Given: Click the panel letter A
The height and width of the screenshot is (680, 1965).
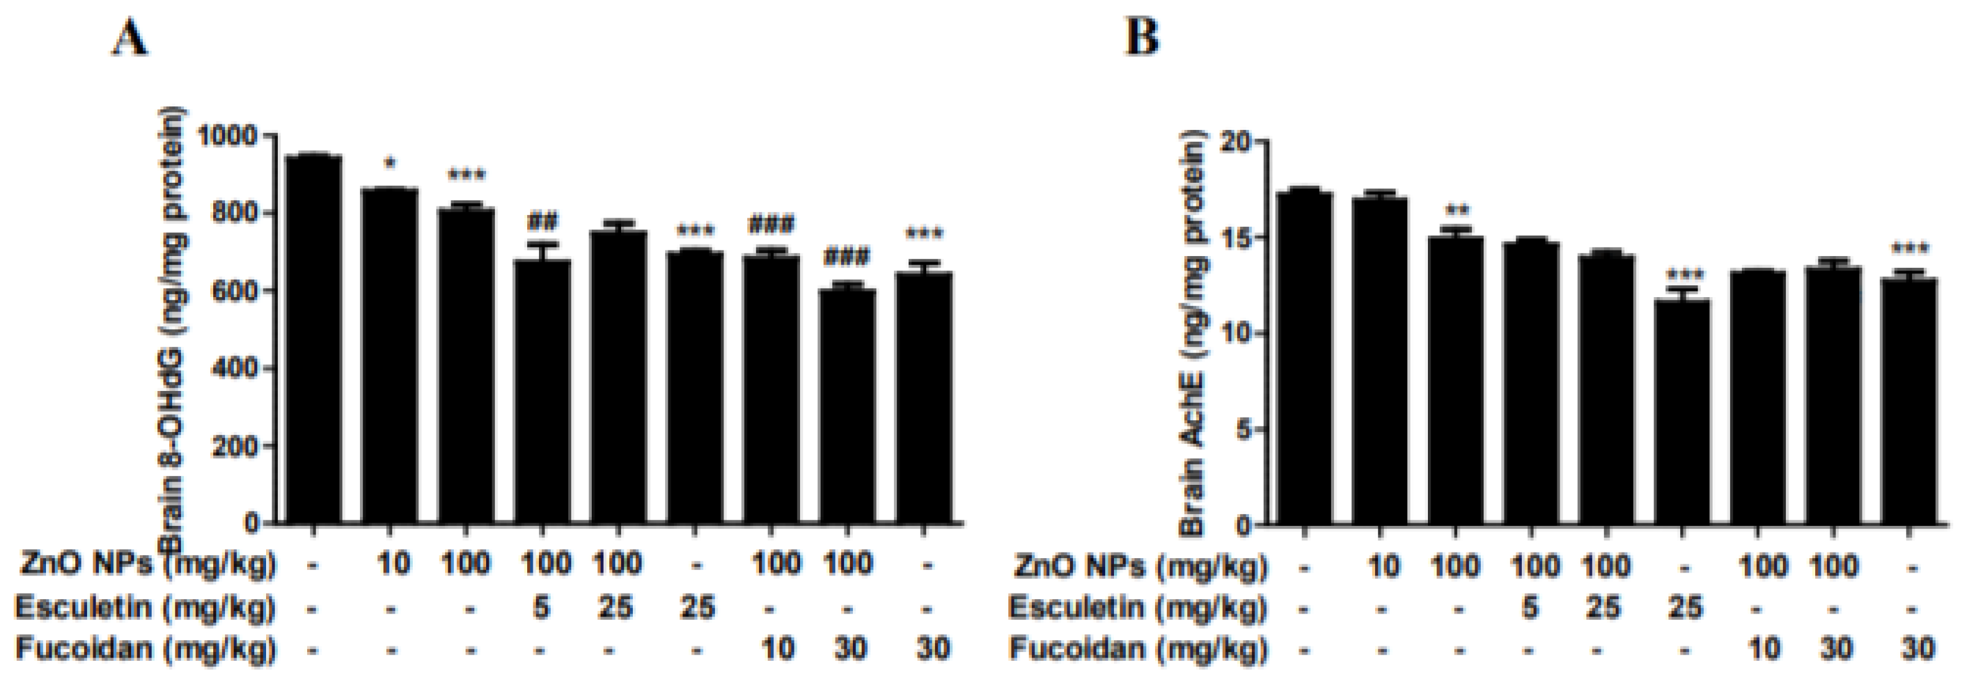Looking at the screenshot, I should pos(131,37).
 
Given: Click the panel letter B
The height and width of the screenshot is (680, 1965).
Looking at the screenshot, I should pos(1142,37).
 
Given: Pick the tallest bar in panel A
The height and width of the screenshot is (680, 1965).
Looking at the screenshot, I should pos(312,339).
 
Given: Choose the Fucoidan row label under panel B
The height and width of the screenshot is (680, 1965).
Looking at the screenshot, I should pos(1136,649).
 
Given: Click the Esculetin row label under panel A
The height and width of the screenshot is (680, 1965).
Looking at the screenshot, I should pos(145,607).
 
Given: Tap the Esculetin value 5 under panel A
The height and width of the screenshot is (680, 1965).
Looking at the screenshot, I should pos(541,607).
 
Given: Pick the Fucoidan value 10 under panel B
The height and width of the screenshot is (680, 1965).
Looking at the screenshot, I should pos(1762,649).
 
